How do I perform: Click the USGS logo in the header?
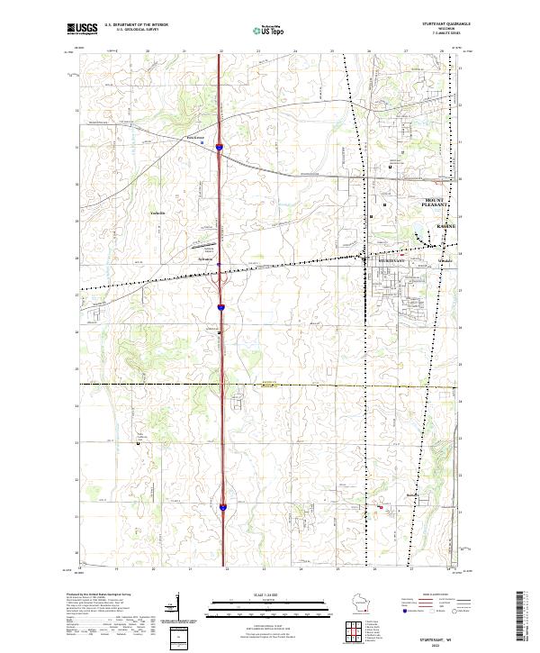click(x=82, y=30)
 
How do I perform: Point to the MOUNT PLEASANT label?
click(x=440, y=203)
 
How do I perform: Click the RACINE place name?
click(x=445, y=225)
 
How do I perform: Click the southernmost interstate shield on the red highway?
click(x=221, y=508)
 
